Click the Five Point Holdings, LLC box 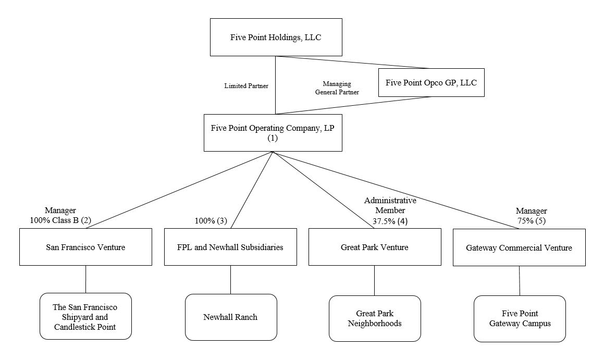[276, 37]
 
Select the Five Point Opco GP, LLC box [431, 82]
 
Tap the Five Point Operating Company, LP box [273, 133]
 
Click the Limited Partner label [246, 86]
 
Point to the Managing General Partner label [337, 88]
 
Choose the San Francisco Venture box [85, 247]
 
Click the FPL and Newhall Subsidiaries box [230, 247]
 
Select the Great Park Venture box [375, 247]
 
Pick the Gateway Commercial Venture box [519, 247]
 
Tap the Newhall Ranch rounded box [230, 317]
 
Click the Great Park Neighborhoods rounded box [375, 318]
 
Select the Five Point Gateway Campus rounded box [520, 318]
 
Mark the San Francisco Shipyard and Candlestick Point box [85, 317]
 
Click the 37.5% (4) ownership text [385, 220]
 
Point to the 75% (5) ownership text [531, 221]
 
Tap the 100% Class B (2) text [60, 220]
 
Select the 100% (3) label [211, 220]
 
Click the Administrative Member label [390, 205]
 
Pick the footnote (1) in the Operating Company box [273, 139]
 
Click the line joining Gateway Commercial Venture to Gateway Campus [520, 281]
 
